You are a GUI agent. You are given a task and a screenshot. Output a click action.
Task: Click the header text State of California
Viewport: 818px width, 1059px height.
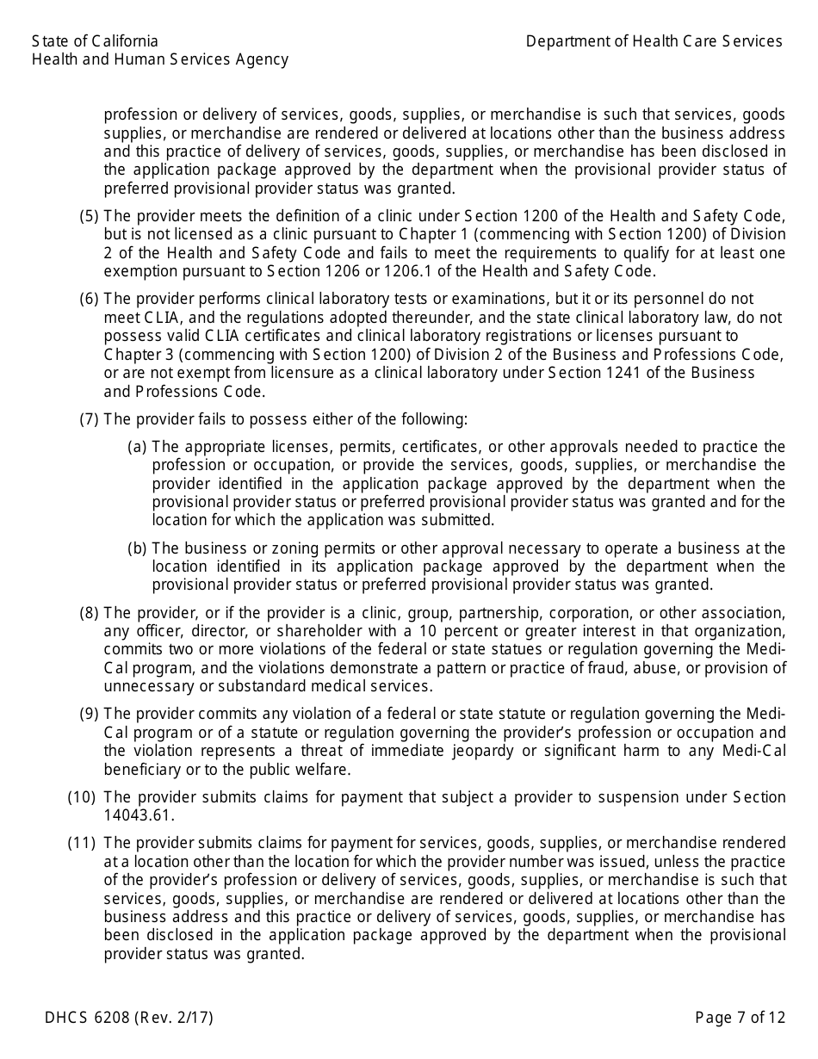95,41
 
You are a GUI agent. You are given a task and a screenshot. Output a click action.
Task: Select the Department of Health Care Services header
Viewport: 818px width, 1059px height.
654,41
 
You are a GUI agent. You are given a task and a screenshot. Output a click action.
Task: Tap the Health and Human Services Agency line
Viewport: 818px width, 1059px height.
160,59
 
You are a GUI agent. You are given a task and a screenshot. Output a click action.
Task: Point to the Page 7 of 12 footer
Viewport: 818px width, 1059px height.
741,1018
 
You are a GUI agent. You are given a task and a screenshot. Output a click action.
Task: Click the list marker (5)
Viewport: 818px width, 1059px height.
90,217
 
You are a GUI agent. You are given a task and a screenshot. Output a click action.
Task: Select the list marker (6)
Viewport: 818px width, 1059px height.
90,299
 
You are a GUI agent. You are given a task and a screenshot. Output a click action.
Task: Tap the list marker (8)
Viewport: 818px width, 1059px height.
90,613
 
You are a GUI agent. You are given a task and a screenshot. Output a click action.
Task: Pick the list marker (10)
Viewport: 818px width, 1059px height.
81,797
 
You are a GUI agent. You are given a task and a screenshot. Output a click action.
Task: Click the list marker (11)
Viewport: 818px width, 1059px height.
81,843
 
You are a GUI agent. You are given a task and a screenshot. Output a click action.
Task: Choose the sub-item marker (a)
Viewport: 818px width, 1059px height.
137,447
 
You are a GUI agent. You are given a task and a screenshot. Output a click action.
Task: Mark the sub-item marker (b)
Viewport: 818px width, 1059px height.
137,548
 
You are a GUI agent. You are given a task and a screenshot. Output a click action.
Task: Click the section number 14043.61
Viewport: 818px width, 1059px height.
139,815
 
